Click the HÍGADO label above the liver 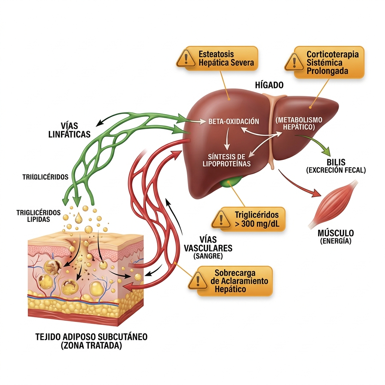(x=269, y=85)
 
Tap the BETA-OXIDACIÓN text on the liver (x=233, y=121)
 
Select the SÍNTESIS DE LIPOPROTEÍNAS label (x=226, y=160)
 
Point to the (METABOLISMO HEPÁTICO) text (x=299, y=123)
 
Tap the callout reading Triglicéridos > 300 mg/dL (x=248, y=219)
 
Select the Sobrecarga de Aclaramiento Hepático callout (x=230, y=281)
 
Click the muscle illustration (x=333, y=204)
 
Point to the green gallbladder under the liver (x=230, y=182)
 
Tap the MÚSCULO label (x=336, y=233)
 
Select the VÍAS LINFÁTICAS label (x=70, y=130)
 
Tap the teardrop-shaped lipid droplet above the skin (x=79, y=218)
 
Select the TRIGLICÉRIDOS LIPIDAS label (x=39, y=216)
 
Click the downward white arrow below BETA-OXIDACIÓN (x=227, y=139)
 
